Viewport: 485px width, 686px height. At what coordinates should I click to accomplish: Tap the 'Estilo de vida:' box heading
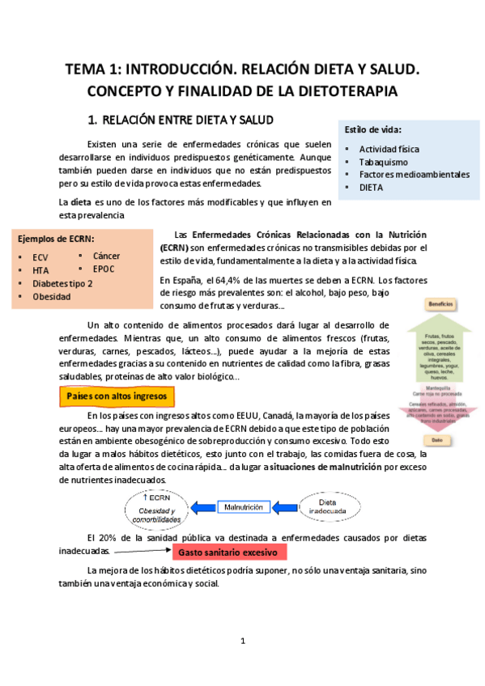[373, 129]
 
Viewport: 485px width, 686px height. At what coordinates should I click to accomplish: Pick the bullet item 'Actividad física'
[389, 149]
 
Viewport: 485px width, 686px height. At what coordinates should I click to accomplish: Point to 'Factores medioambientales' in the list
[414, 174]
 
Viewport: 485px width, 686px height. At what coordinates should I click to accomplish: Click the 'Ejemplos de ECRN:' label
[56, 239]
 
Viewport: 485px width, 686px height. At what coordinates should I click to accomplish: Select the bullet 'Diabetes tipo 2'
[62, 284]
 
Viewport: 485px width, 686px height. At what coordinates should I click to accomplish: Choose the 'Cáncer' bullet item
[107, 256]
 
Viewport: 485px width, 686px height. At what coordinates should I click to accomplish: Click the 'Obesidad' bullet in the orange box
[52, 297]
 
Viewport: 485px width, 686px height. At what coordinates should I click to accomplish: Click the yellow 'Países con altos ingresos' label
[117, 397]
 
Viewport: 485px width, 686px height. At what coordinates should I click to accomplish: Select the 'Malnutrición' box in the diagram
[243, 506]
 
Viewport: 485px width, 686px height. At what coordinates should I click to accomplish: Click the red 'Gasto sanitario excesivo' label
[229, 553]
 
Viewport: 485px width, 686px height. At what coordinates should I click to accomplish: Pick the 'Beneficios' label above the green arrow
[440, 304]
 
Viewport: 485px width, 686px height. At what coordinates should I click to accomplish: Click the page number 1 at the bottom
[243, 642]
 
